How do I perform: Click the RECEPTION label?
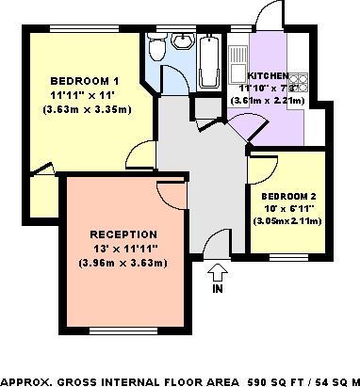(x=123, y=234)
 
